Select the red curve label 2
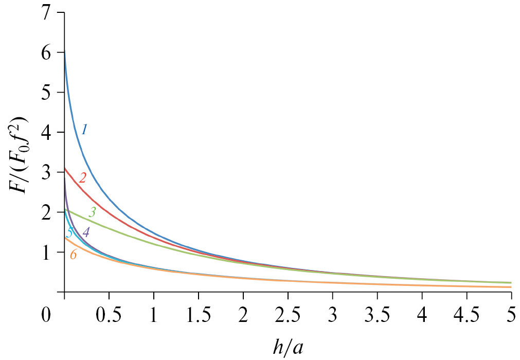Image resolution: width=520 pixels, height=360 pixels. (82, 178)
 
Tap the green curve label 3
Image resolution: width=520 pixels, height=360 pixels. (92, 211)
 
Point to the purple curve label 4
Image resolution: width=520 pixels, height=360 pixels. (85, 232)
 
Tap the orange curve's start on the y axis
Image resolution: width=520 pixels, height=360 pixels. (65, 238)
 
